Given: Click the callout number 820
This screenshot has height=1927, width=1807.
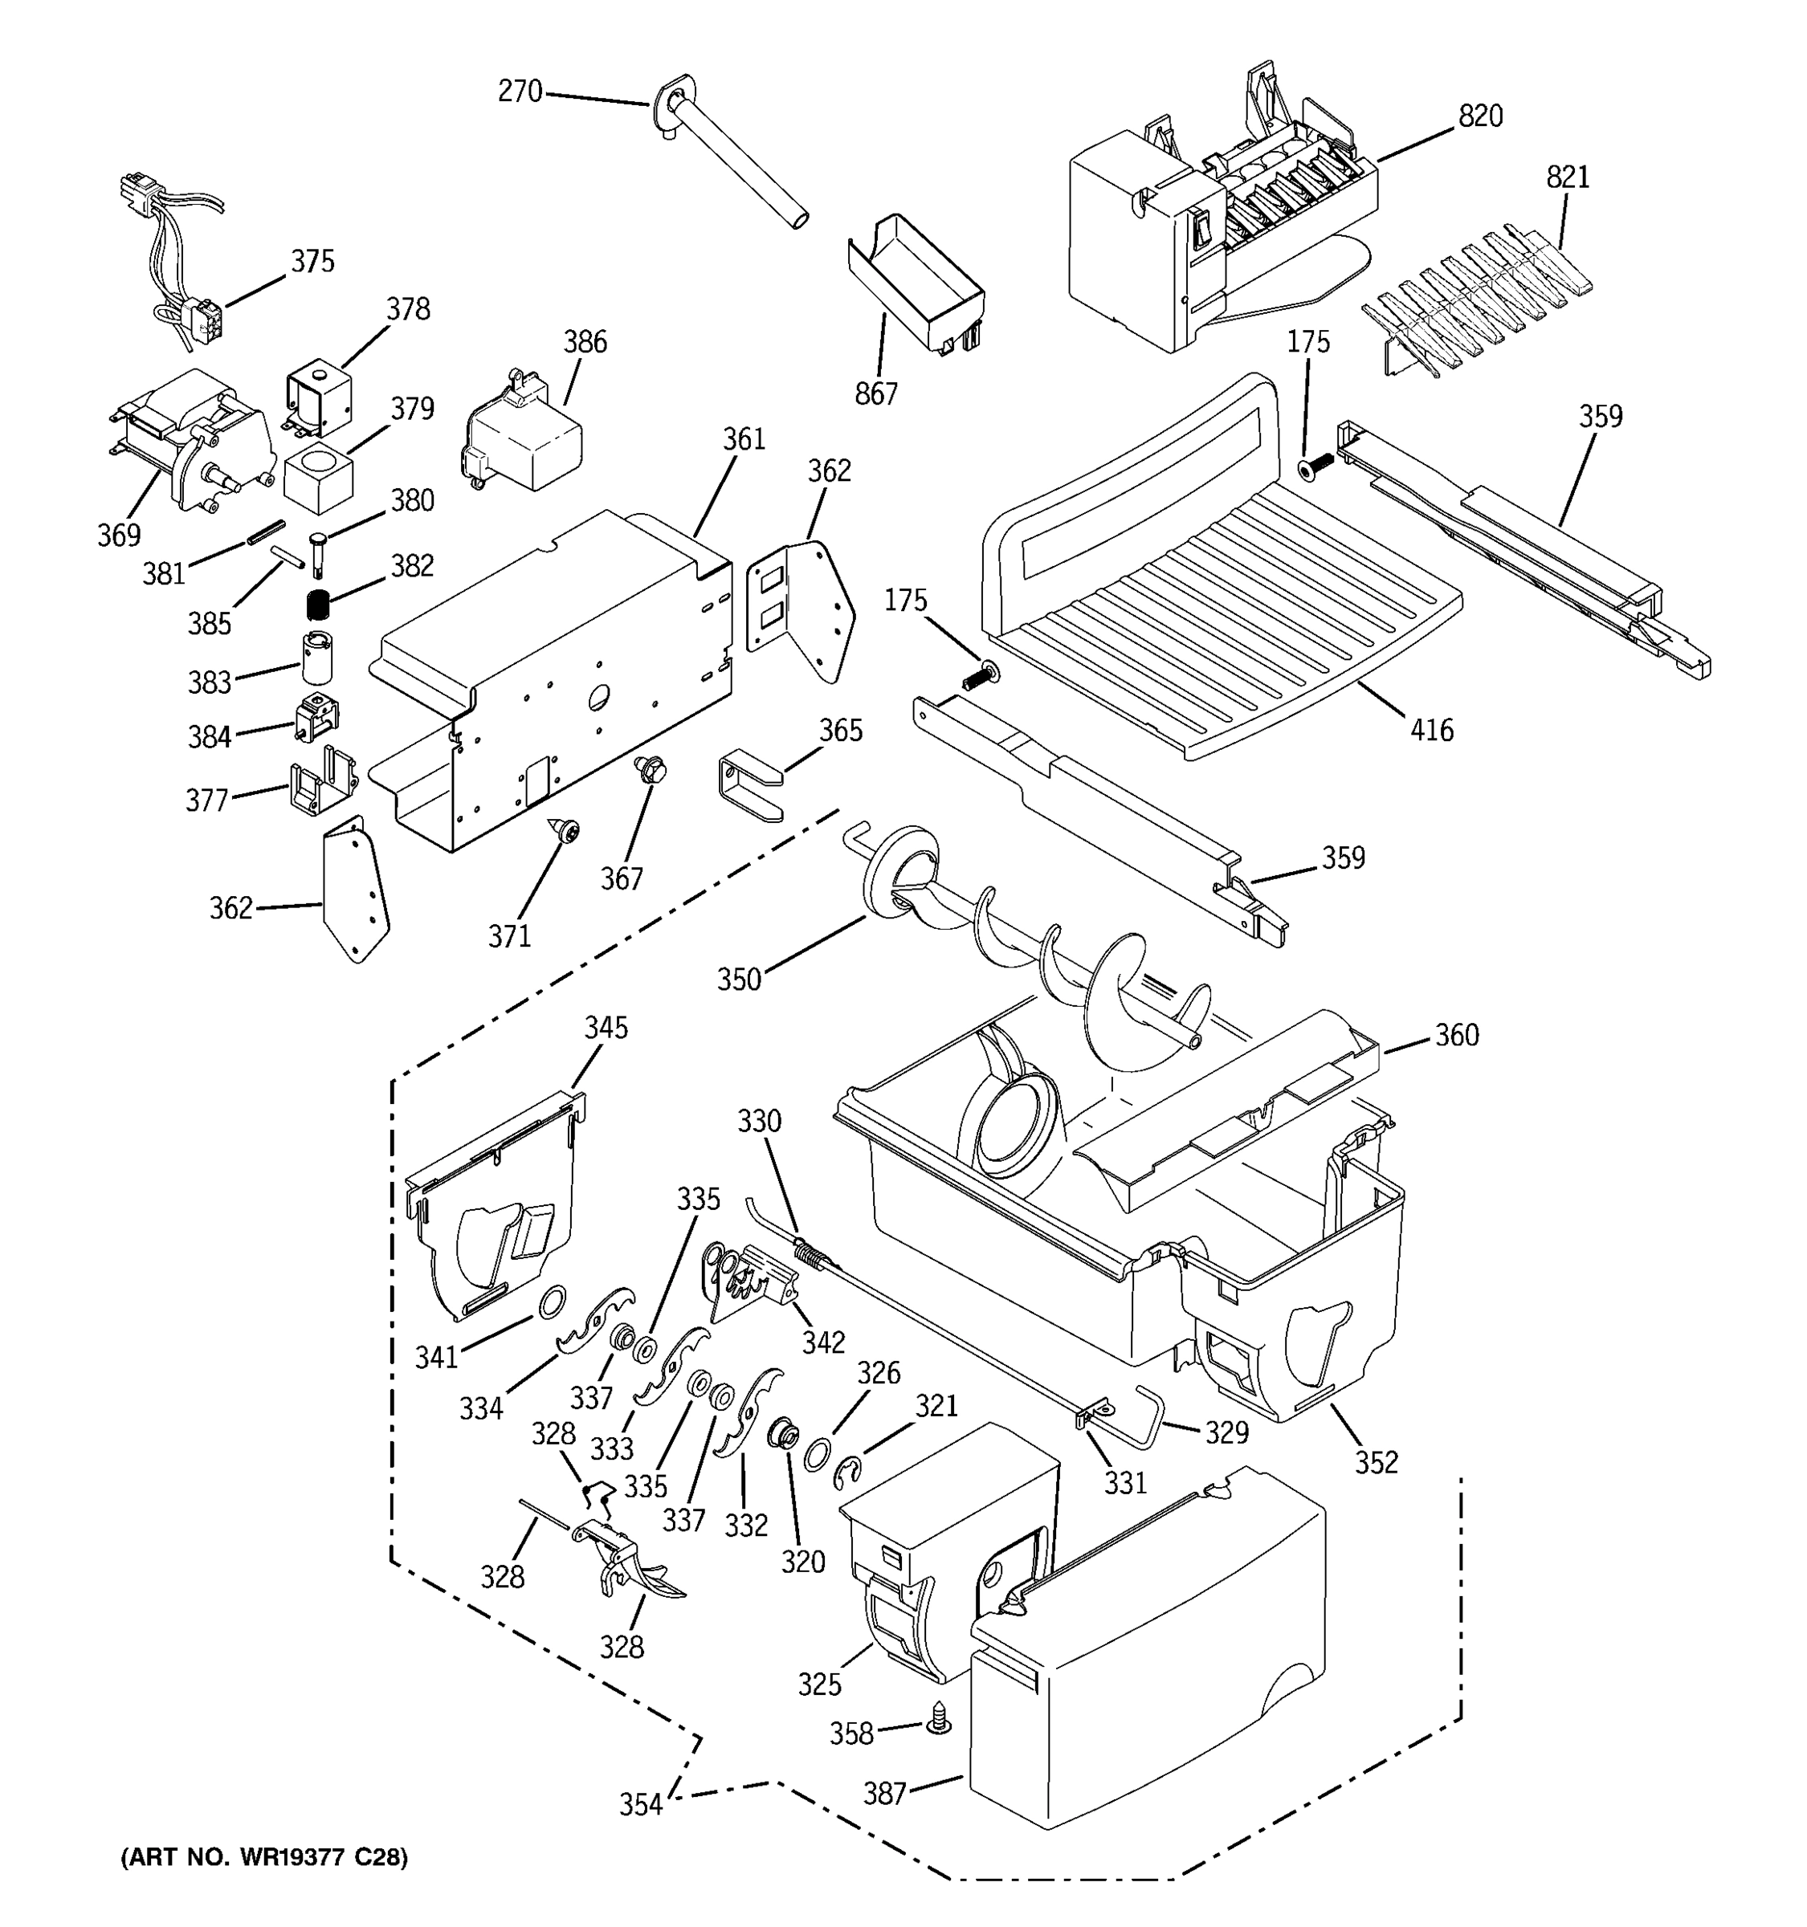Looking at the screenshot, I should click(x=1480, y=116).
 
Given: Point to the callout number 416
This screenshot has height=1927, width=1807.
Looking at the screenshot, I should click(x=1432, y=730).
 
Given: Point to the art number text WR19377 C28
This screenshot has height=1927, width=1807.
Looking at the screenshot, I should click(x=263, y=1857).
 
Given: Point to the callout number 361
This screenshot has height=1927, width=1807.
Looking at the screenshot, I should click(x=744, y=439).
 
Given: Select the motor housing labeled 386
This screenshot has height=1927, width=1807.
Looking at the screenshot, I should click(x=524, y=432).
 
